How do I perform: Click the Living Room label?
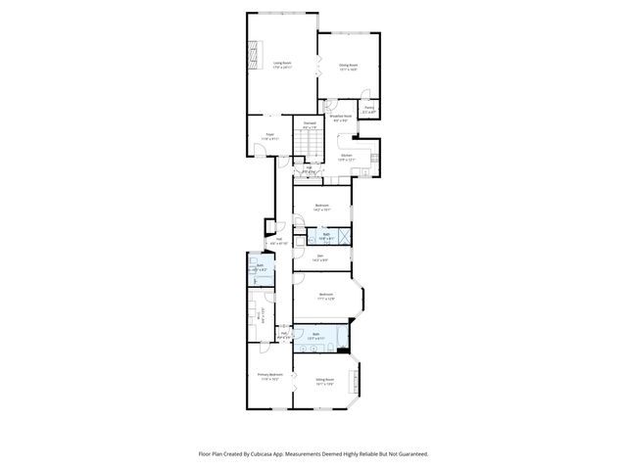click(x=282, y=65)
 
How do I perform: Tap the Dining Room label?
click(x=348, y=67)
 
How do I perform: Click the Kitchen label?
click(x=346, y=156)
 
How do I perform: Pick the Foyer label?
click(x=268, y=136)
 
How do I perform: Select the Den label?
click(x=319, y=258)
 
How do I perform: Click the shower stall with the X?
click(x=345, y=236)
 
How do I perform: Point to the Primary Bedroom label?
click(x=270, y=376)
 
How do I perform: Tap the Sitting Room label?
click(x=325, y=381)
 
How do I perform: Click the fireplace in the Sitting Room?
click(x=359, y=378)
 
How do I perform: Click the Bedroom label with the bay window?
click(x=326, y=296)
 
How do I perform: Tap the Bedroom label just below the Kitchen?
click(x=321, y=206)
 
